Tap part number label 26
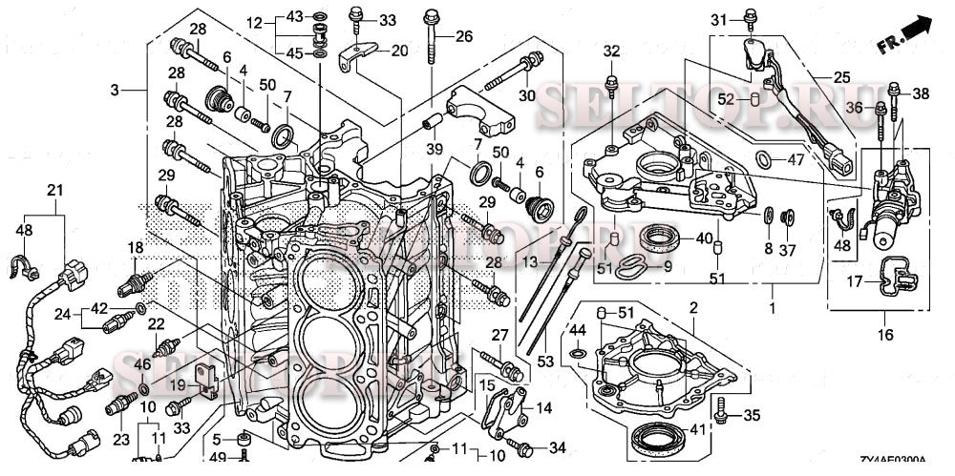[x=464, y=37]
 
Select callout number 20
[x=398, y=51]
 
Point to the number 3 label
[x=115, y=90]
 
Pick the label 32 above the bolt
[x=611, y=52]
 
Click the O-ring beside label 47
[x=764, y=157]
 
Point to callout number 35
[x=753, y=415]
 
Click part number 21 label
[x=54, y=191]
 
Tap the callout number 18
[x=137, y=248]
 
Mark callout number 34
[x=557, y=447]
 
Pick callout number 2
[x=693, y=308]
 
